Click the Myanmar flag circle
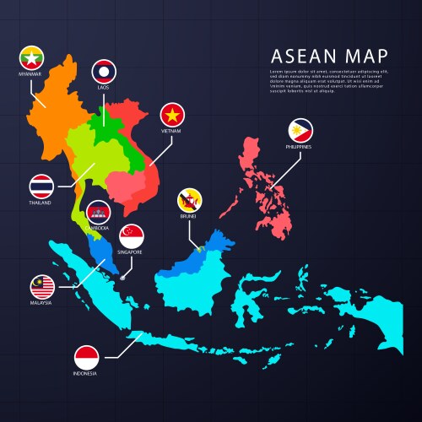31,58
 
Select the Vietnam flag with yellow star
172,113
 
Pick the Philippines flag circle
300,129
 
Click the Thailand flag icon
41,185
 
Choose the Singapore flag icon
131,235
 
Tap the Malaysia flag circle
41,284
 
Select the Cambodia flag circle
98,213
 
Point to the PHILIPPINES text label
300,148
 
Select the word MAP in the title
370,56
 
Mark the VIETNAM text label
172,132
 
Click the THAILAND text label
41,203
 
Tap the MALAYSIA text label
41,302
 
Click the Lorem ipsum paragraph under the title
328,81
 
